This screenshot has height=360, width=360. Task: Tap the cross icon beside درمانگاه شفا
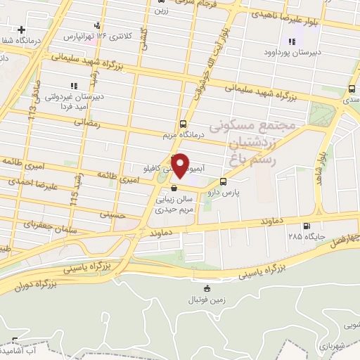coord(22,30)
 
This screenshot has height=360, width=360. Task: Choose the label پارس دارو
coord(233,191)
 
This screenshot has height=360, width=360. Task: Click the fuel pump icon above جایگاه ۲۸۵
coord(305,226)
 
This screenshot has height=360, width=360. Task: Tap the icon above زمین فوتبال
coord(205,289)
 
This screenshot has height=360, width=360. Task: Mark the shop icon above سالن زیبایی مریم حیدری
coord(174,188)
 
